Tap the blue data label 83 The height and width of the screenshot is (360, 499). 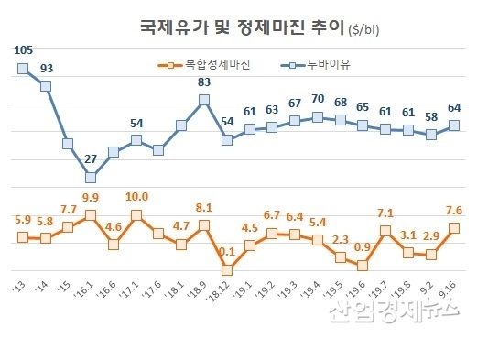(x=203, y=82)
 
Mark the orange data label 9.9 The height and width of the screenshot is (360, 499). (x=91, y=197)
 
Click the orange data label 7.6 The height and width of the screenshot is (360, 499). (x=452, y=210)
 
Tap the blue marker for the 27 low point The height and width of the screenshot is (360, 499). (x=91, y=177)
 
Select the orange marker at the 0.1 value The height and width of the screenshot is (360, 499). (x=226, y=270)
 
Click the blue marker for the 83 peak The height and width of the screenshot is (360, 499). (x=204, y=100)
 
